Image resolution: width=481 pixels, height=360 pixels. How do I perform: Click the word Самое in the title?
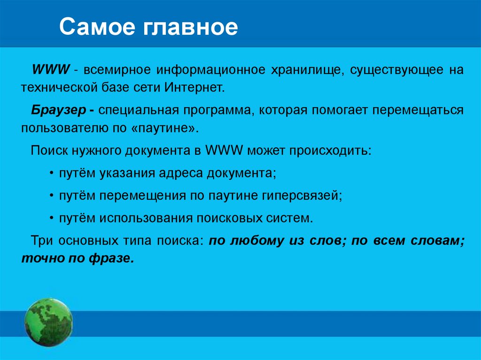coord(97,27)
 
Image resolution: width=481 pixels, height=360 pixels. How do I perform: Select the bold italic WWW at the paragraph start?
coord(51,69)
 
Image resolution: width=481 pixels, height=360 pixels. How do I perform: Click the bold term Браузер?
coord(59,110)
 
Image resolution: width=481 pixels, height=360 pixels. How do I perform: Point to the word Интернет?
coord(194,87)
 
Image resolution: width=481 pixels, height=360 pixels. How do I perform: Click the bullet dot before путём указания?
coord(52,174)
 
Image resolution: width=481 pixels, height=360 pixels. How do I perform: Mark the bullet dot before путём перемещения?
coord(52,196)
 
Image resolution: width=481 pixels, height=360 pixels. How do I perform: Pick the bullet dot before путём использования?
coord(52,218)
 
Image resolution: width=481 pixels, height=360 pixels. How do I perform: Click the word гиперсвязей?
coord(302,196)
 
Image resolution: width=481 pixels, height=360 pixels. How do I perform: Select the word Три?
coord(42,240)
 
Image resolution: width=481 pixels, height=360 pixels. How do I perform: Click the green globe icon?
coord(48,322)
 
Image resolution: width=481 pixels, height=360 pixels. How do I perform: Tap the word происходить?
coord(330,151)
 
